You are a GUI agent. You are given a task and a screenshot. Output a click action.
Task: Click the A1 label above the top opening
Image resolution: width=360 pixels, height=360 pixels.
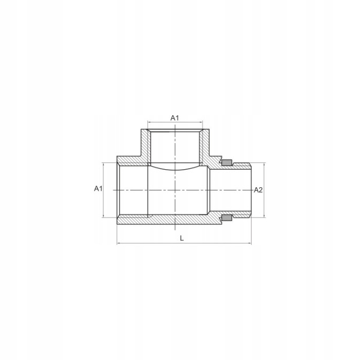[174, 118]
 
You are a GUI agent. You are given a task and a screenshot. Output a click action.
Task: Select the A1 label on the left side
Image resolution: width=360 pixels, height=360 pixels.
[98, 189]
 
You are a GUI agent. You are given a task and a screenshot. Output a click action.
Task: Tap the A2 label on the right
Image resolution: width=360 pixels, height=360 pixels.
[258, 190]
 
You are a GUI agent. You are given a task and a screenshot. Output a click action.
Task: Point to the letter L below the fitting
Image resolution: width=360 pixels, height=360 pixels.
[182, 238]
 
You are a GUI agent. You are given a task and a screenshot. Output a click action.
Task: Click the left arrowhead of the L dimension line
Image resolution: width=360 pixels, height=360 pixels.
[119, 243]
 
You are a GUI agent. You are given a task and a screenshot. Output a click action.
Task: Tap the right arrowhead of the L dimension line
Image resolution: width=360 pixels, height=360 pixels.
[249, 243]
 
